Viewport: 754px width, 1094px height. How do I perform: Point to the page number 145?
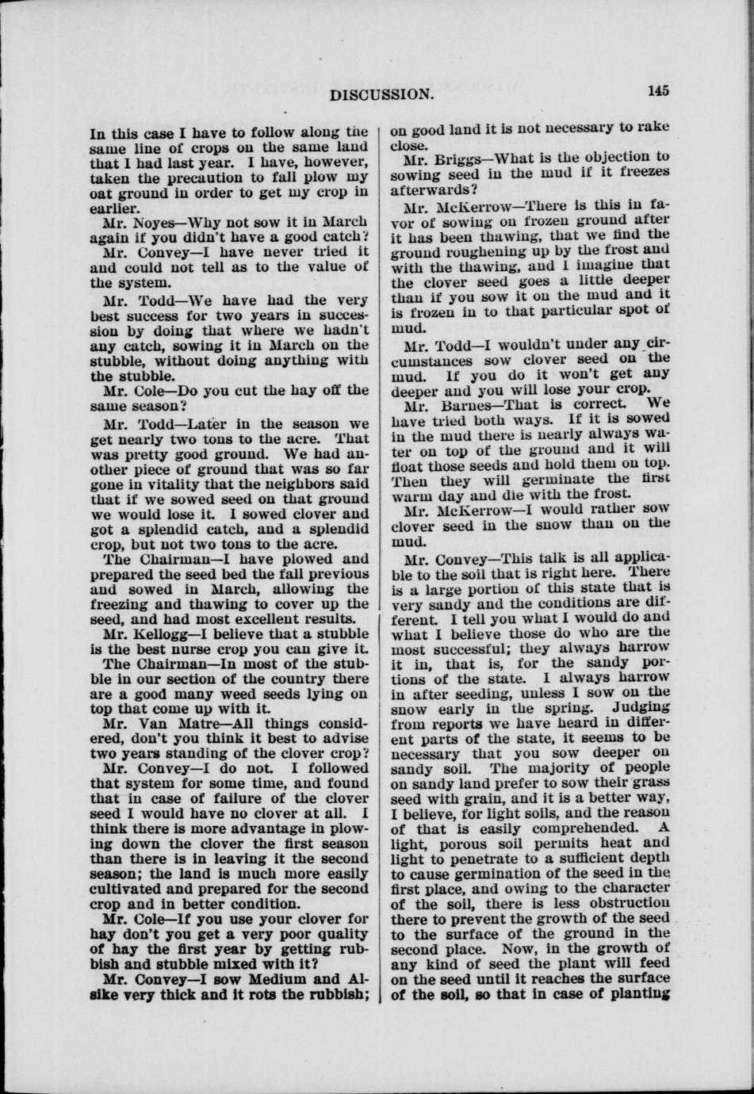pyautogui.click(x=658, y=90)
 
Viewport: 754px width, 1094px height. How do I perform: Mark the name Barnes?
pyautogui.click(x=456, y=402)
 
